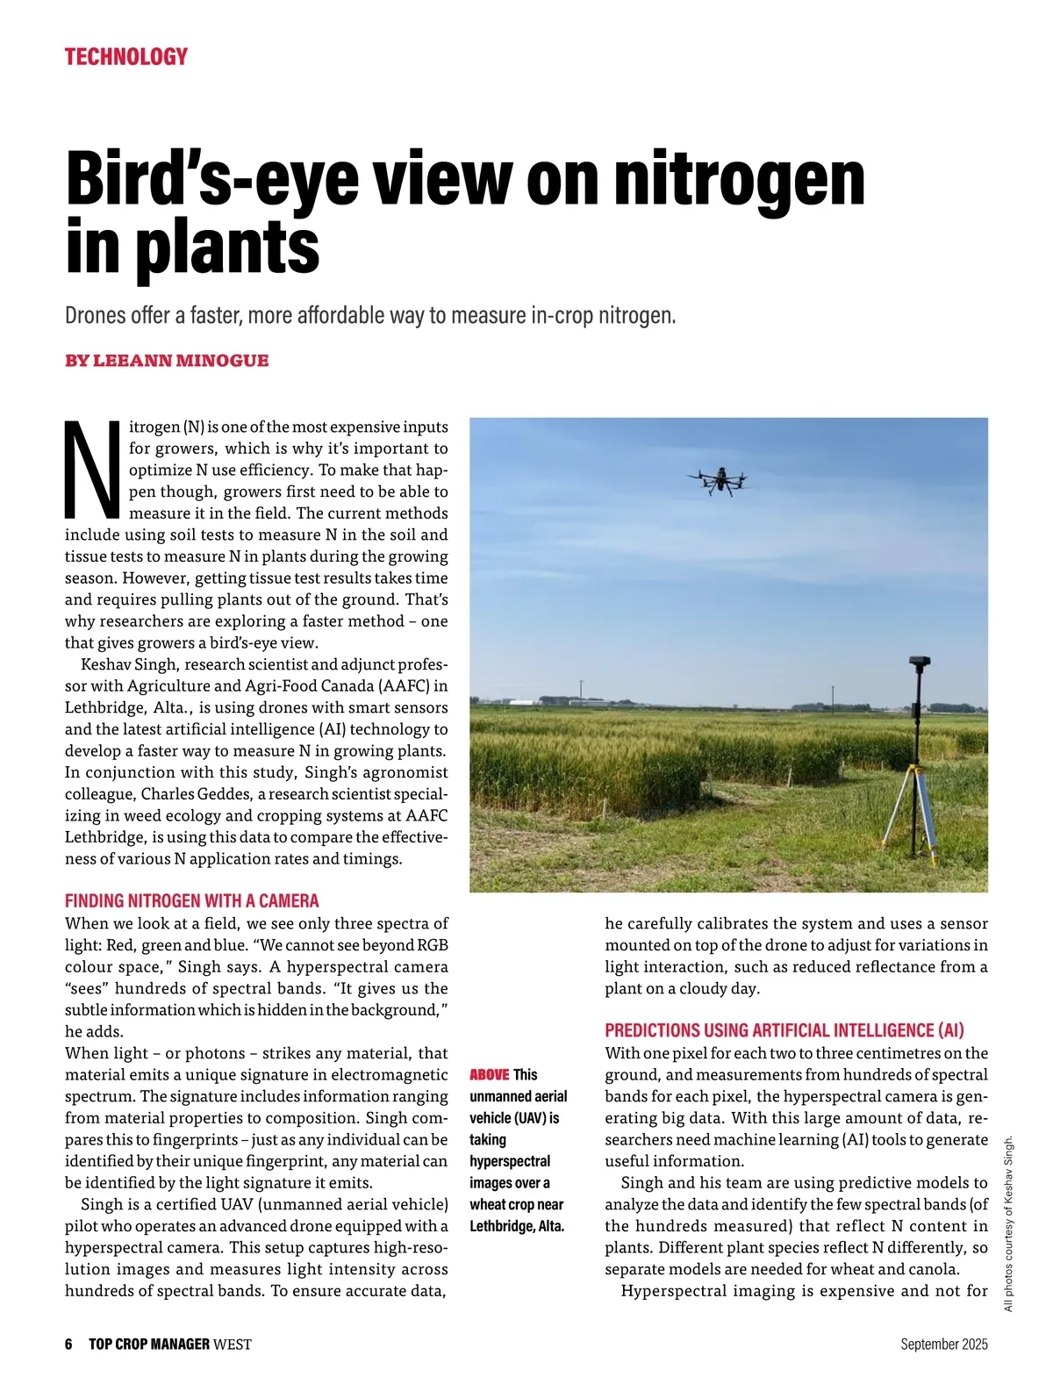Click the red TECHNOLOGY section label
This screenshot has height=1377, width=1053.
pos(125,57)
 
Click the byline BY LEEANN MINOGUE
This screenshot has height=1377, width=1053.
pos(167,361)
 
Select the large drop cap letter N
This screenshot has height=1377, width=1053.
pos(92,470)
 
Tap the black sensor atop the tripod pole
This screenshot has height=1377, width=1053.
pos(920,664)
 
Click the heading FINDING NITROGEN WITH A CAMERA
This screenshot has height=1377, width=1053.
pos(191,900)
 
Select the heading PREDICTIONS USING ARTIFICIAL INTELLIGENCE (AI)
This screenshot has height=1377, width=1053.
pos(784,1030)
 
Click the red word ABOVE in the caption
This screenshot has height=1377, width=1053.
pos(489,1075)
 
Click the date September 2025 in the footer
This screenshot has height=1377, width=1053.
pos(943,1345)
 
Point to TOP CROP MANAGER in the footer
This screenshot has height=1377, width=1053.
pos(149,1345)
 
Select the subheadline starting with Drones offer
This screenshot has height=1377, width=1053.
pos(369,315)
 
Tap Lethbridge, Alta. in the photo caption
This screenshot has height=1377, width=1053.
pos(516,1226)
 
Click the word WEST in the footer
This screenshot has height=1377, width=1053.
pos(233,1345)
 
